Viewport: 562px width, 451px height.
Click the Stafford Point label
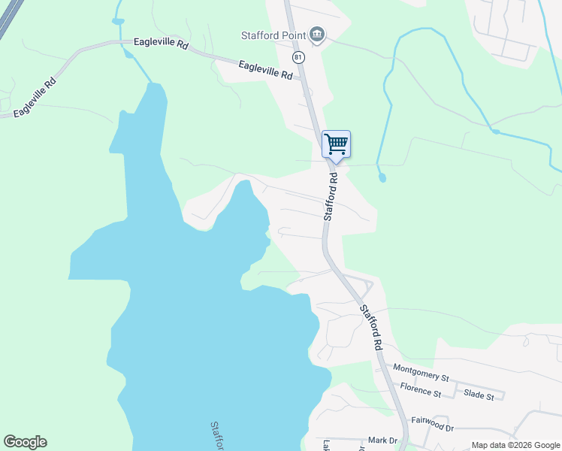[272, 35]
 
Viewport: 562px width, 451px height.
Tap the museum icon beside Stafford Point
[317, 35]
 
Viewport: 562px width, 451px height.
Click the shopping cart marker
[336, 144]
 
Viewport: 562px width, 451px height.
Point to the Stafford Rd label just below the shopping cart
[332, 194]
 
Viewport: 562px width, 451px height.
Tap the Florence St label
[420, 392]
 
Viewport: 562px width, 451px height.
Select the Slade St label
[479, 395]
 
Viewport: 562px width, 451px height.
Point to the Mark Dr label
[382, 440]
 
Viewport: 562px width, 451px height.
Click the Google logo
[25, 442]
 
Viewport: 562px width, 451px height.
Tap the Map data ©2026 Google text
[515, 445]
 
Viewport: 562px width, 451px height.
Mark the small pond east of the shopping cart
[382, 177]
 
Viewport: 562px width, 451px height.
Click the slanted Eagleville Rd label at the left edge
[35, 98]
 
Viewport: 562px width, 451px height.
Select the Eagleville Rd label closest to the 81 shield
[264, 71]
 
